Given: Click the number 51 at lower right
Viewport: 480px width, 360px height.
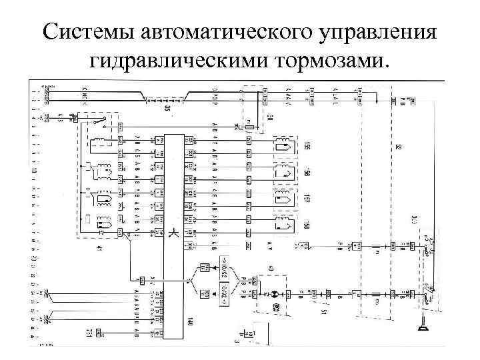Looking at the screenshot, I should [x=323, y=312].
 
